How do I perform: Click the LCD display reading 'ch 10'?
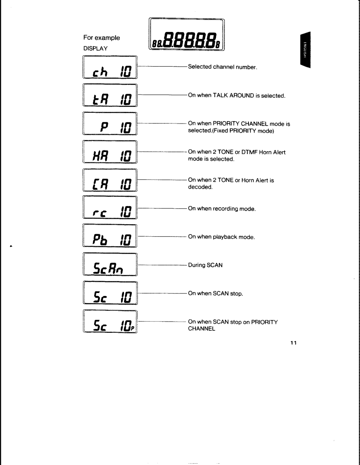pyautogui.click(x=110, y=67)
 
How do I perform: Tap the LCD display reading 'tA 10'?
pyautogui.click(x=110, y=95)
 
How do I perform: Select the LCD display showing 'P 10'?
pyautogui.click(x=110, y=124)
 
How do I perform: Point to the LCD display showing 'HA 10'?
pyautogui.click(x=110, y=153)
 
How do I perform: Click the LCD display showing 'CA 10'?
pyautogui.click(x=110, y=181)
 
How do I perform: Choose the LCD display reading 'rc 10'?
pyautogui.click(x=110, y=210)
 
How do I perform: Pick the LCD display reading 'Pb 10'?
pyautogui.click(x=110, y=237)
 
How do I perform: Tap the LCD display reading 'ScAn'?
pyautogui.click(x=110, y=266)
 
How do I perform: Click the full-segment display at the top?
pyautogui.click(x=186, y=35)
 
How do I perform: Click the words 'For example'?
pyautogui.click(x=102, y=38)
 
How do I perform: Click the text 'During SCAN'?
pyautogui.click(x=205, y=265)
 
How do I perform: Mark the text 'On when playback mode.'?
pyautogui.click(x=221, y=237)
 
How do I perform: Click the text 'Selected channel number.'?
pyautogui.click(x=223, y=67)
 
